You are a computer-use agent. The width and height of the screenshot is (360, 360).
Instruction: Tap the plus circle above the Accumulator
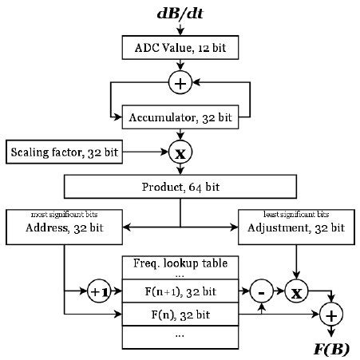click(180, 81)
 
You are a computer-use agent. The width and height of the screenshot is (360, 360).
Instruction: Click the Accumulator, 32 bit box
click(180, 117)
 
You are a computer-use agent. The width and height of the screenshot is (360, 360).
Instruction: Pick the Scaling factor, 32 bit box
click(65, 151)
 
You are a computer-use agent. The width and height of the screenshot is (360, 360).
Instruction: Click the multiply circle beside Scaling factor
click(180, 151)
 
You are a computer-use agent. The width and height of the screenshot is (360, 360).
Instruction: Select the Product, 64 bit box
click(180, 187)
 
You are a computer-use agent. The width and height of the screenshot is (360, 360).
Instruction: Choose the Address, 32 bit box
click(63, 227)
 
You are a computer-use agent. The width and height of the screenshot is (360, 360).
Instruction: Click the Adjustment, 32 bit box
click(296, 227)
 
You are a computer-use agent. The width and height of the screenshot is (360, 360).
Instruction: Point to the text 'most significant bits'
click(63, 214)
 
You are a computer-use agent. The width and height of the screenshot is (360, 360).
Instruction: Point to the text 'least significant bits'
click(296, 214)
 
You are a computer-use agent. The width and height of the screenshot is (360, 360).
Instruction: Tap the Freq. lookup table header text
click(180, 263)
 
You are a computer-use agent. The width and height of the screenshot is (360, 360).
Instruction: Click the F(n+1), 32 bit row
click(180, 291)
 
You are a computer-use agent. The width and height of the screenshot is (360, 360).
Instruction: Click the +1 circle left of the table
click(99, 291)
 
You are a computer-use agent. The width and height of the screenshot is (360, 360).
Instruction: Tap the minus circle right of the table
click(263, 291)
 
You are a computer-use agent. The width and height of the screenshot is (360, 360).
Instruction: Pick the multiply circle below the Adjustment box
click(296, 291)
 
